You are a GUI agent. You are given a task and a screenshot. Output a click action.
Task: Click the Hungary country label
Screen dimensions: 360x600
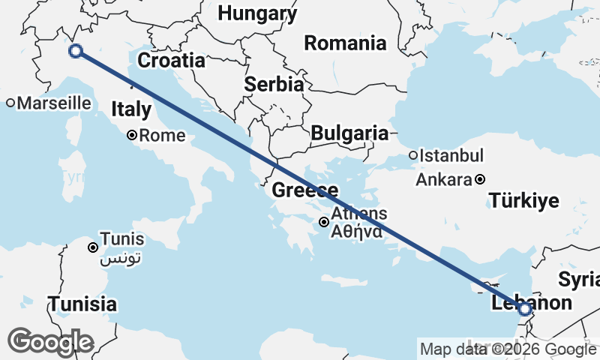point(257,13)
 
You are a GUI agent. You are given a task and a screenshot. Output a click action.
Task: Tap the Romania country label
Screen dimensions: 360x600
point(345,43)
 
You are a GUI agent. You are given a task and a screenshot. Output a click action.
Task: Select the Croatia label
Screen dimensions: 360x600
point(172,61)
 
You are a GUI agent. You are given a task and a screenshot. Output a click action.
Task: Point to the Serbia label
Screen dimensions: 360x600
point(274,84)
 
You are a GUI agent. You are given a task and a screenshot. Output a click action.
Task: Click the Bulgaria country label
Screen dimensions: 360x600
point(349,133)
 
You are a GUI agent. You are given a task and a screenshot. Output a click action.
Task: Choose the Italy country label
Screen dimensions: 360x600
point(131,109)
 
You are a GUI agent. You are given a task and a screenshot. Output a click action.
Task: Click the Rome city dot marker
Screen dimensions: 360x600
point(131,136)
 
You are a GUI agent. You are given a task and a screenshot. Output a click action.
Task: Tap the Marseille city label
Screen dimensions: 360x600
point(48,103)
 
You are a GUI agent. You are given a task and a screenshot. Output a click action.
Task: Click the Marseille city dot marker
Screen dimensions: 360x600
point(10,103)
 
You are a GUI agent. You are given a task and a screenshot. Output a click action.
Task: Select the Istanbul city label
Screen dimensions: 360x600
point(451,156)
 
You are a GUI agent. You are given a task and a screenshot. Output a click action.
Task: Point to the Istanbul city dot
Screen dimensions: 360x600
point(412,156)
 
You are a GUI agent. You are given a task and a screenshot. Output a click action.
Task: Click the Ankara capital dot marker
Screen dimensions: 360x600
point(480,179)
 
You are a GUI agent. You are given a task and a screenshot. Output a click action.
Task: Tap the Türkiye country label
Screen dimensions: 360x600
point(524,200)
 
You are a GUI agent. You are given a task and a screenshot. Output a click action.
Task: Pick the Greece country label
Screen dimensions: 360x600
point(304,190)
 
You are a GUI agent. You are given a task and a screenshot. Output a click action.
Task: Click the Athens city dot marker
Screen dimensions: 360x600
point(323,221)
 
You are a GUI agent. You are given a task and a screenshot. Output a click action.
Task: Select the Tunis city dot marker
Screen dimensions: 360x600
point(93,247)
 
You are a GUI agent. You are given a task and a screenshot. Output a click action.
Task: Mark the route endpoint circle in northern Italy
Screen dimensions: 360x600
point(75,51)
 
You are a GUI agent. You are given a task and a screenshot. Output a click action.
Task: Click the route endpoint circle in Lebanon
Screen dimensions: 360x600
point(524,309)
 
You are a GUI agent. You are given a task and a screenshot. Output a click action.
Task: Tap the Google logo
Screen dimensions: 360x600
point(50,342)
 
